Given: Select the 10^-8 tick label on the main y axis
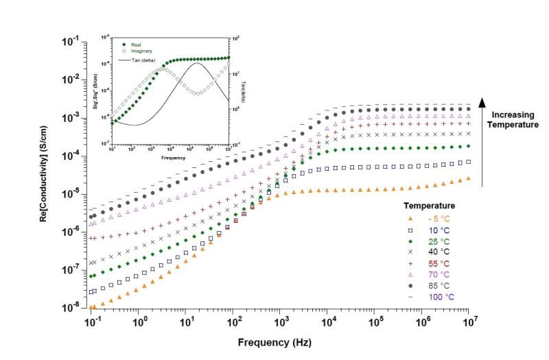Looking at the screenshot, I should tap(71, 309).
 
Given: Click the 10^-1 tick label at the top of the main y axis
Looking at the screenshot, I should tap(71, 42).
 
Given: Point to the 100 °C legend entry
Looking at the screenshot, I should tap(435, 297).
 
